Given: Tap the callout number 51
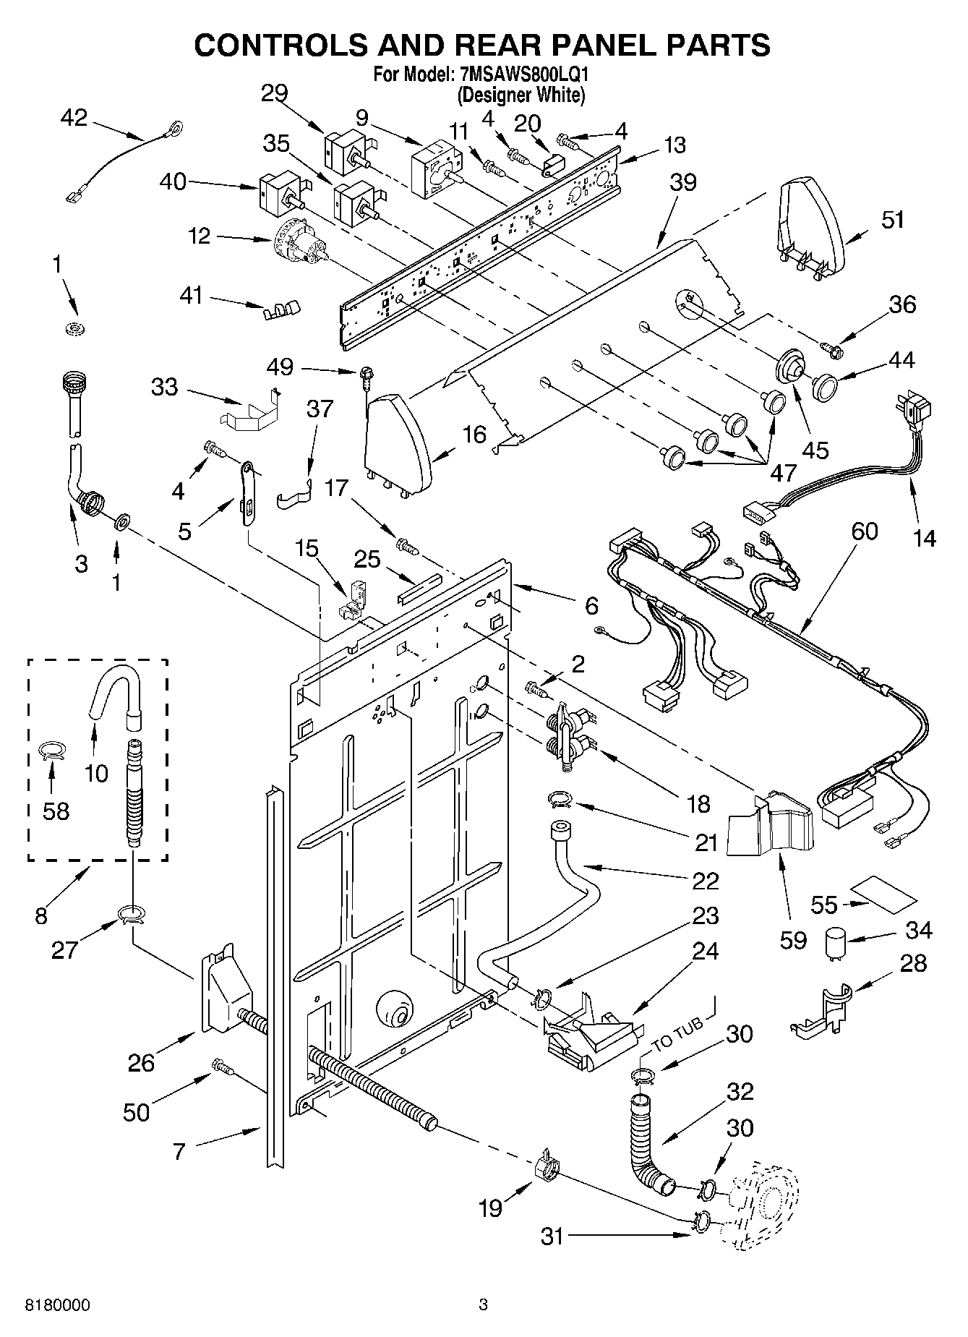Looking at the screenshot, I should [x=893, y=220].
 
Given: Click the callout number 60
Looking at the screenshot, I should [x=864, y=531].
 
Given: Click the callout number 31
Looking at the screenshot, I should [x=552, y=1236].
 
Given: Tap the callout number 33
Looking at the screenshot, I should [x=164, y=387].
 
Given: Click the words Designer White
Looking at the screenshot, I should [x=521, y=94].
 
